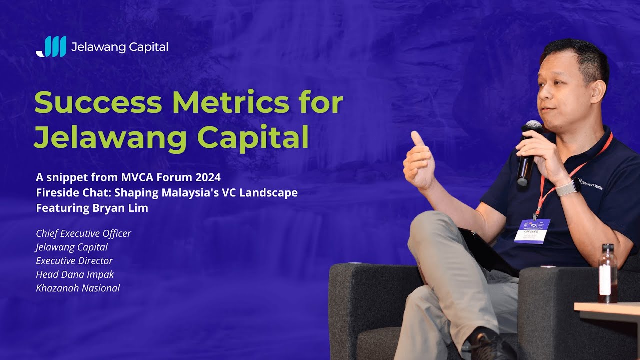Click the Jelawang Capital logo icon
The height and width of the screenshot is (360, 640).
(x=51, y=47)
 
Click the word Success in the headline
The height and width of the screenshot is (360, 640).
(x=98, y=103)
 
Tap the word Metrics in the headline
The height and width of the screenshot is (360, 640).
(x=229, y=103)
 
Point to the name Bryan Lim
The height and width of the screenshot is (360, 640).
(x=120, y=208)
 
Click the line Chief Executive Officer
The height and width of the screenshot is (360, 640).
(x=83, y=233)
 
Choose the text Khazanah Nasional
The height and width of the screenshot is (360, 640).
(x=78, y=288)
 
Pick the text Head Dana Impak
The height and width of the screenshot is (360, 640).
(x=75, y=274)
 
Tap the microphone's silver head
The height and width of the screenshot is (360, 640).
(x=533, y=126)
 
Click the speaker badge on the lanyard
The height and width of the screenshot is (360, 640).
(x=532, y=231)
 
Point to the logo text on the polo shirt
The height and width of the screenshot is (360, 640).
(x=591, y=185)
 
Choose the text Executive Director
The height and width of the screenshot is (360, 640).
(x=74, y=261)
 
